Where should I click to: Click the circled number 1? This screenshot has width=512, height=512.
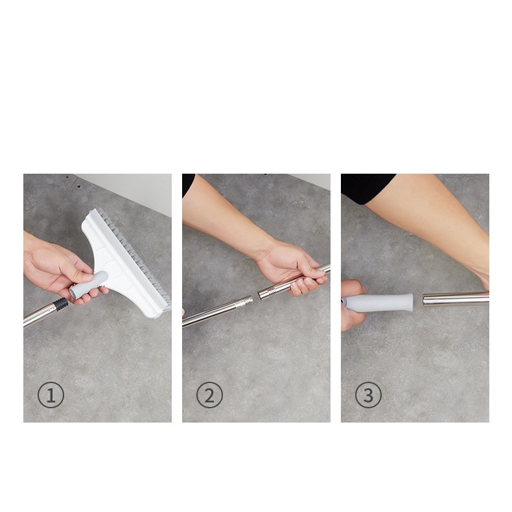(51, 395)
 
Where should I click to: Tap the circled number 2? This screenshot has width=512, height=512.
(209, 395)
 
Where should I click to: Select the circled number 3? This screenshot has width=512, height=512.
(368, 395)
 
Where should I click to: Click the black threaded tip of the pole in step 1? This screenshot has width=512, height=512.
(61, 305)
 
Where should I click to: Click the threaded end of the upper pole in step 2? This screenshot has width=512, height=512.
(268, 292)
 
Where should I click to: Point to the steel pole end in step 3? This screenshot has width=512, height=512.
(456, 299)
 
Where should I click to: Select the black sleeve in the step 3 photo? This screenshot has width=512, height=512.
(367, 188)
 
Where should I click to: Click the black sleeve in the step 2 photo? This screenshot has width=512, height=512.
(188, 185)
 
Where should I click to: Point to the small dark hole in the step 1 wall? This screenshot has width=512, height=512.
(78, 187)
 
